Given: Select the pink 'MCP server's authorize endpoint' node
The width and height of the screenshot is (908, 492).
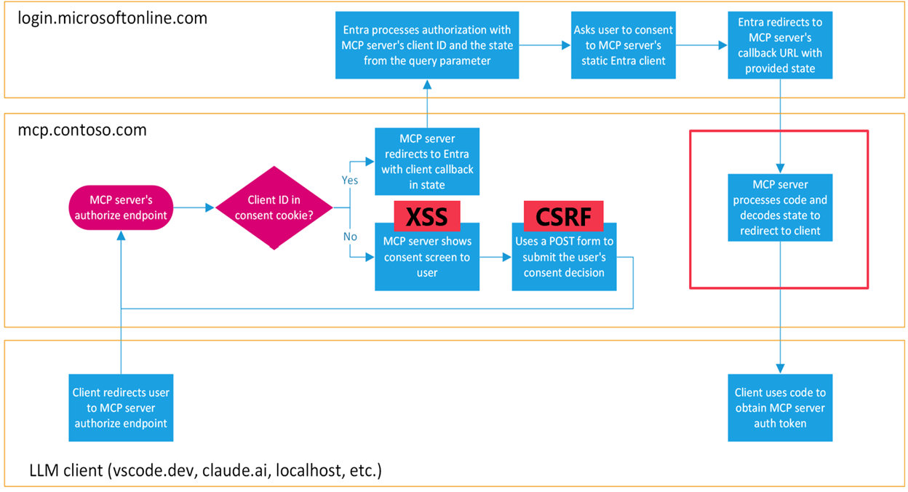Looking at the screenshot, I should [x=121, y=207].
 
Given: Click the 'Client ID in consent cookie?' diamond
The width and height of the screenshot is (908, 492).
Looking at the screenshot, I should [x=274, y=208].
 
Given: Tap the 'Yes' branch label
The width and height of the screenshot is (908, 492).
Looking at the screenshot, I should [x=349, y=179].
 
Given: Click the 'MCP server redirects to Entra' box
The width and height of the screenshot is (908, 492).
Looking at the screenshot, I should [x=426, y=162].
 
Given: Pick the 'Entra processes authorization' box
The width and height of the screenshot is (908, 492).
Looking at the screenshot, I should [x=427, y=46].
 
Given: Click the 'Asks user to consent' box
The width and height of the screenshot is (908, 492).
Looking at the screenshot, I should [x=623, y=46].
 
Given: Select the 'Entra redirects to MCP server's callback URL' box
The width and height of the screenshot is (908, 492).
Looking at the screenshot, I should [x=780, y=46].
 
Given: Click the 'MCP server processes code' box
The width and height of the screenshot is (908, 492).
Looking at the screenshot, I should [x=780, y=207].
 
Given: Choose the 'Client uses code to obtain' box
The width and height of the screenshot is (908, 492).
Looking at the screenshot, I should [x=780, y=408].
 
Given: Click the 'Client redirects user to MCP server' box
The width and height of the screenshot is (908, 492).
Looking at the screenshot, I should [x=121, y=408].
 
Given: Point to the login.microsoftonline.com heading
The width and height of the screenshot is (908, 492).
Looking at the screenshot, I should [x=112, y=17].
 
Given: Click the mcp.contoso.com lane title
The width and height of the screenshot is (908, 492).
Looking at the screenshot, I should [x=82, y=130].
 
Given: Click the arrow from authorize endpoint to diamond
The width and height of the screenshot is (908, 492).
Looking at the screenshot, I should [x=194, y=207].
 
